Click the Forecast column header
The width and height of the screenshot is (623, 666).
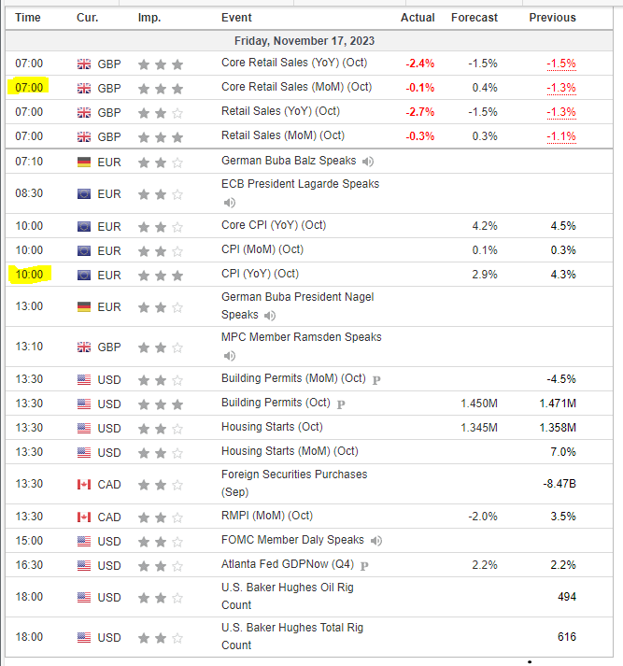pos(474,18)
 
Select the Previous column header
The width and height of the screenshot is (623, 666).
pos(552,18)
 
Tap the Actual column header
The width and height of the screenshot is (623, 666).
pos(418,18)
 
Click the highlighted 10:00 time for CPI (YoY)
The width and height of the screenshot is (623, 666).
pos(29,275)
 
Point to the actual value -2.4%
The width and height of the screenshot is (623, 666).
pos(419,64)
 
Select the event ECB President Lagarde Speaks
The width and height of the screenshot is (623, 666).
pos(300,184)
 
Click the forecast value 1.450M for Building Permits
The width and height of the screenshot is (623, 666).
pos(478,404)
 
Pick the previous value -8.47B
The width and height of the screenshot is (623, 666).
pos(558,484)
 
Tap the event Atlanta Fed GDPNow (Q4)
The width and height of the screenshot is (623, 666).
pos(289,565)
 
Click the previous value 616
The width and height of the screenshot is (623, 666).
pos(566,637)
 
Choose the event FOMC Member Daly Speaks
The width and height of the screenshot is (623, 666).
pos(292,540)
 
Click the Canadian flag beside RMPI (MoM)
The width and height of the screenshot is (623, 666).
pos(84,517)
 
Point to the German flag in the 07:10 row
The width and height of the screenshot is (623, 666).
pos(84,162)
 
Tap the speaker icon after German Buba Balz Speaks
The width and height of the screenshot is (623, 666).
pos(368,161)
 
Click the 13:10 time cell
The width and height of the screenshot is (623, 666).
pos(29,347)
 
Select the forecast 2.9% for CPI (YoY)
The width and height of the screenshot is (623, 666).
pos(485,275)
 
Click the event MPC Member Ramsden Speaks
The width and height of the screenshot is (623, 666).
pos(301,337)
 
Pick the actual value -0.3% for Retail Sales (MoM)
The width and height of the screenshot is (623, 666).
pos(419,136)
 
